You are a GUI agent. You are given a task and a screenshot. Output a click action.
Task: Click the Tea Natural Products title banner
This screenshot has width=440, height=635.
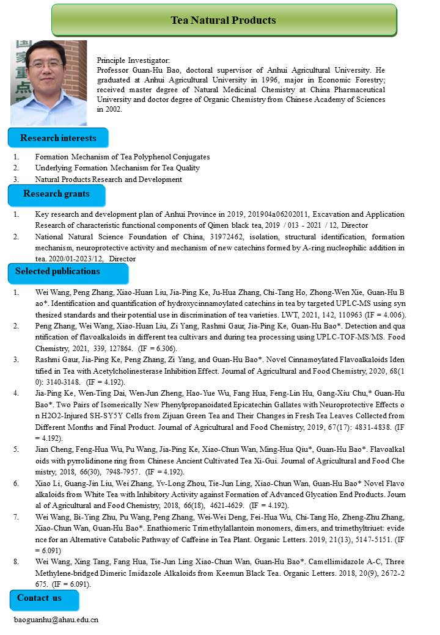(224, 20)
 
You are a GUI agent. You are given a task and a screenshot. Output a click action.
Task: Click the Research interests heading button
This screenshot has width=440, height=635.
(58, 138)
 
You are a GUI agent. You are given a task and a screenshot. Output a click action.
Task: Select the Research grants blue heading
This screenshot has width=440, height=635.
(56, 194)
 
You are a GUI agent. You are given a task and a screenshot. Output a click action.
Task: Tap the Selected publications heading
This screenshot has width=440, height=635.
(57, 271)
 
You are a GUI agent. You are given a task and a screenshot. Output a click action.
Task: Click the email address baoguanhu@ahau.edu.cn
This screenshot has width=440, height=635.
(56, 620)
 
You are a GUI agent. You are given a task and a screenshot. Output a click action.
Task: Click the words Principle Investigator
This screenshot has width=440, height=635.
(133, 60)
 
